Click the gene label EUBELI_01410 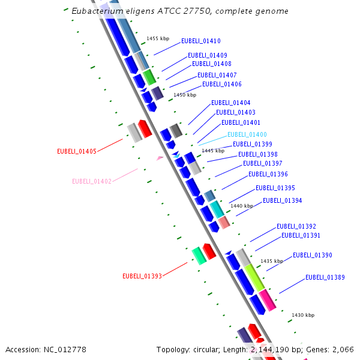[200, 41]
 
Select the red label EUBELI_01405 [77, 151]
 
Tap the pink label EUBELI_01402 [92, 181]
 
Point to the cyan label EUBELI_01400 [247, 134]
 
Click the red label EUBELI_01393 [142, 277]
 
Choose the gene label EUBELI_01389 [325, 277]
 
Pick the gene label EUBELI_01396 [268, 174]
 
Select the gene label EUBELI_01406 [222, 84]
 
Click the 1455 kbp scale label [158, 38]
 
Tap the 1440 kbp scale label [242, 206]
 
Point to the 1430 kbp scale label [302, 315]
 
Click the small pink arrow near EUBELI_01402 [160, 158]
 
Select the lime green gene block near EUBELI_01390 [254, 277]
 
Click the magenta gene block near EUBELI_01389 [268, 299]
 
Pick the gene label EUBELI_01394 [282, 200]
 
